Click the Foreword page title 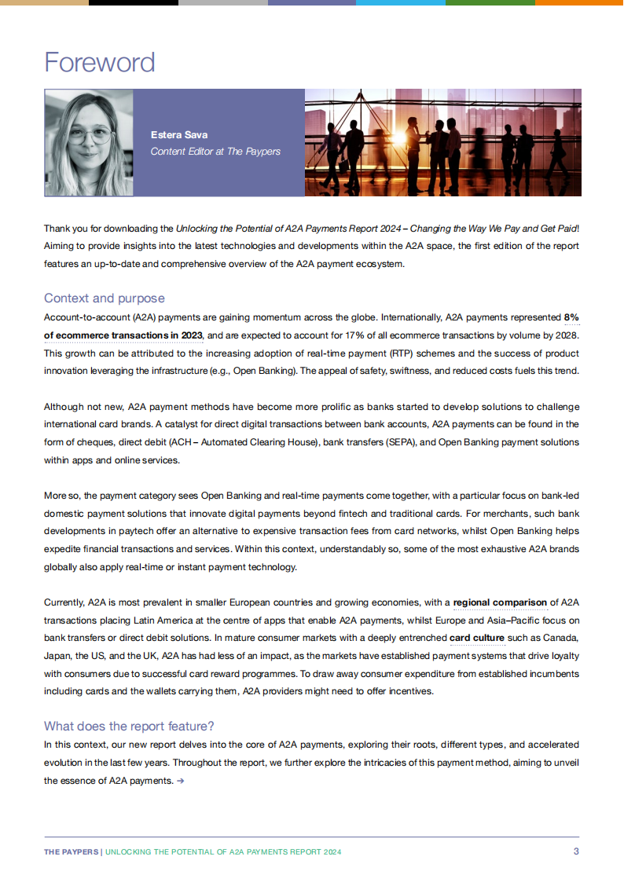coord(100,62)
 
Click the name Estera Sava coord(179,135)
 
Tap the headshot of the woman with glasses coord(89,142)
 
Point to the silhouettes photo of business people coord(442,142)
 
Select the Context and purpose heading coord(105,298)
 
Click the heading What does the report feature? coord(129,726)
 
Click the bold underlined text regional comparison coord(500,603)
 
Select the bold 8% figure coord(571,318)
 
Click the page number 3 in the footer coord(576,851)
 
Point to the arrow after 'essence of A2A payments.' coord(181,781)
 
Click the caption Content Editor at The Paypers coord(215,151)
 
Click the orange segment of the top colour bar coord(579,2)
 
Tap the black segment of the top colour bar coord(134,2)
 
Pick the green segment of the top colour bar coord(490,2)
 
